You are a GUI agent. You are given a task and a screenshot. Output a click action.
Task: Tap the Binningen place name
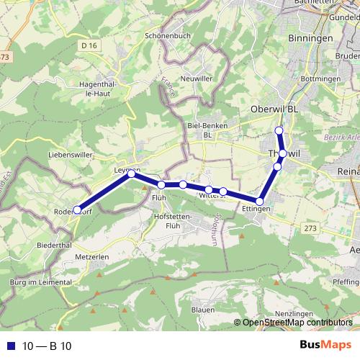[310, 37]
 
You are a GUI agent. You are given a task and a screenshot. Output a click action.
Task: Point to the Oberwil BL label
[274, 108]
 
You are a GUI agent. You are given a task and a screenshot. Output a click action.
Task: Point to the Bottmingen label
[321, 77]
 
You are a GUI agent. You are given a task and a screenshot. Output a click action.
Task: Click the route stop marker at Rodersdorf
[77, 210]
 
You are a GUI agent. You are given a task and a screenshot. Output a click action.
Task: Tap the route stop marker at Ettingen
[259, 202]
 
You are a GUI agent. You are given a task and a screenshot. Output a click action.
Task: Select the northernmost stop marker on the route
[279, 130]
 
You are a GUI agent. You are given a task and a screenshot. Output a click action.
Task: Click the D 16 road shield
[89, 45]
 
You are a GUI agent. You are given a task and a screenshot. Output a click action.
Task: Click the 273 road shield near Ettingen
[310, 228]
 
